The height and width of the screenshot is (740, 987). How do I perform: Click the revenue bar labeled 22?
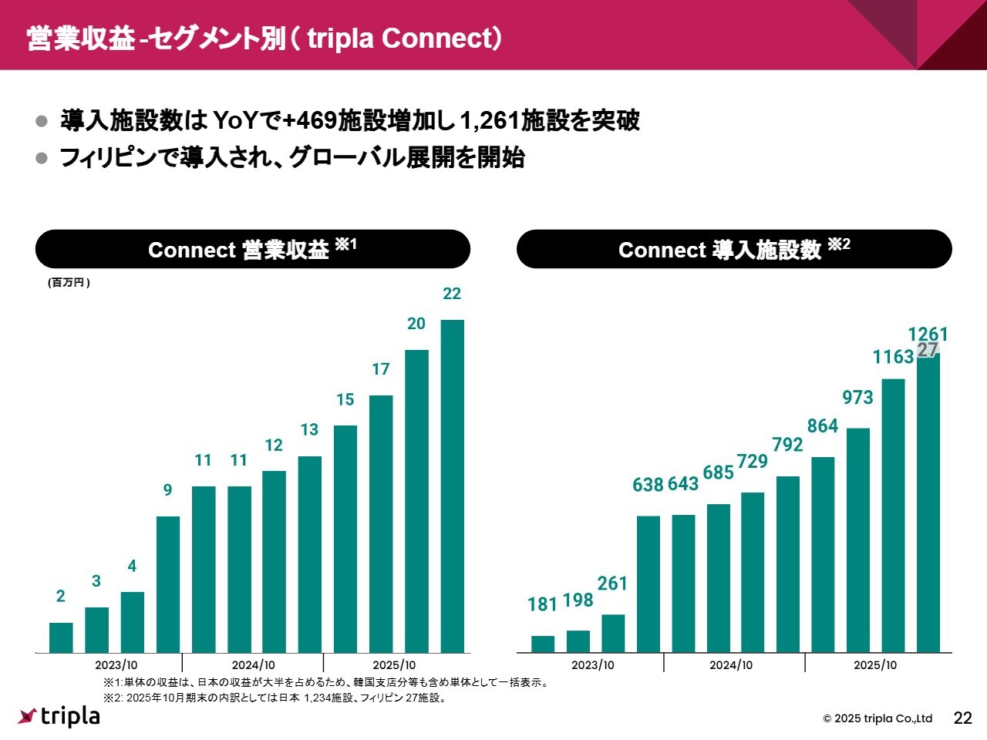pos(452,486)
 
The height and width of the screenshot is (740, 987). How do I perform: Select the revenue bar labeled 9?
pos(168,584)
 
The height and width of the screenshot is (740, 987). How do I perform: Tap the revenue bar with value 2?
pos(61,637)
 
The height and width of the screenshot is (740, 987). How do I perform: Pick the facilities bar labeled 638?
pos(648,584)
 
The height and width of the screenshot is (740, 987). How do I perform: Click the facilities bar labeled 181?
pos(543,644)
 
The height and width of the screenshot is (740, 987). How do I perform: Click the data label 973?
pos(857,398)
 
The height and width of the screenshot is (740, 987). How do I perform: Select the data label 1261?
pos(928,334)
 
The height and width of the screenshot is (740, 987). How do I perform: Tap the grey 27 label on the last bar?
pos(928,350)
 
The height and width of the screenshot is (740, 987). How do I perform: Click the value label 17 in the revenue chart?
pos(381,369)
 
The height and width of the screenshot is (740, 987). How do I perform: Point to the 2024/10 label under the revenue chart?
pos(253,665)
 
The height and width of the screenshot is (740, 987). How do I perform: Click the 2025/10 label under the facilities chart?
pos(875,665)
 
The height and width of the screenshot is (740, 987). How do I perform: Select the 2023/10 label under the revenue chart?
pos(116,665)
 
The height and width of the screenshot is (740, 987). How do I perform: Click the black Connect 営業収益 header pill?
pos(252,249)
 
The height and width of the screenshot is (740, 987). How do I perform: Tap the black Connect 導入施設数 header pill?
pos(734,249)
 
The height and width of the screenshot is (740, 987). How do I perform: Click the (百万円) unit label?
pos(69,283)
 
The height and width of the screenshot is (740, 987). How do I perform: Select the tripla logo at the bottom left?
pos(59,716)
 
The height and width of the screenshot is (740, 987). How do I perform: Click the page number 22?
pos(963,718)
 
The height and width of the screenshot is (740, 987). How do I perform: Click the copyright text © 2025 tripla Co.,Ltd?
pos(878,718)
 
